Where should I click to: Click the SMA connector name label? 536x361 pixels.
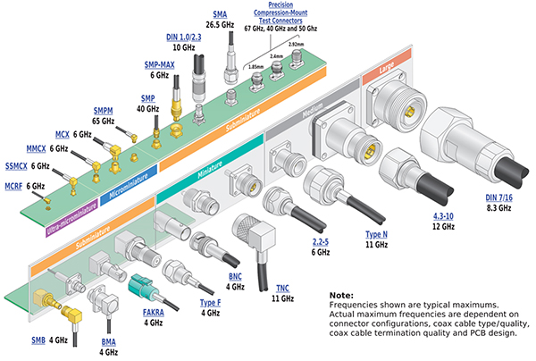(x=220, y=14)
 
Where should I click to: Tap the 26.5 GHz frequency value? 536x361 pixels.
(x=220, y=25)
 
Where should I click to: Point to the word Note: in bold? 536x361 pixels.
(x=341, y=296)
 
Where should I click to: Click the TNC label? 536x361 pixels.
(x=282, y=289)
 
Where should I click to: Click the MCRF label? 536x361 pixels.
(x=13, y=186)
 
